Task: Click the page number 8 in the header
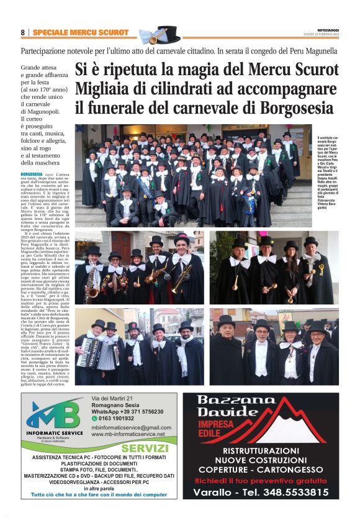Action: pos(23,32)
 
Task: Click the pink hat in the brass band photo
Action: pos(181,236)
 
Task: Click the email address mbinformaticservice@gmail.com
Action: pos(131,427)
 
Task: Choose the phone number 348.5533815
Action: pos(284,491)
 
